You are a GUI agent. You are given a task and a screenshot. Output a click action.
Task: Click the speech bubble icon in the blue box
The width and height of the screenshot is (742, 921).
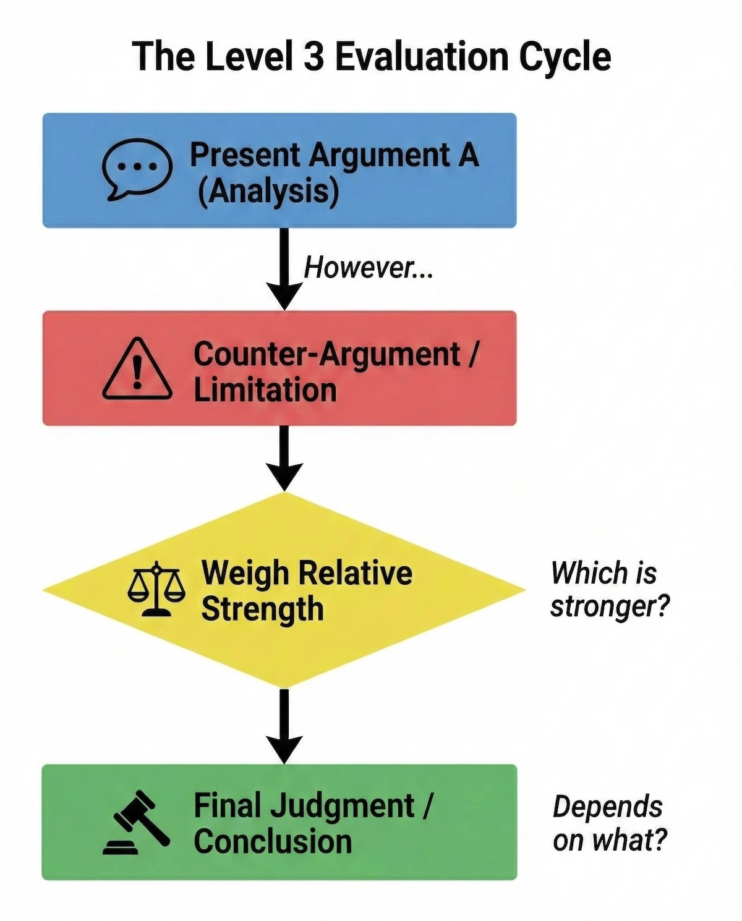(137, 169)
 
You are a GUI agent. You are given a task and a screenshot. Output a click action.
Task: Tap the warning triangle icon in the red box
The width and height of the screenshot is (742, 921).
(137, 370)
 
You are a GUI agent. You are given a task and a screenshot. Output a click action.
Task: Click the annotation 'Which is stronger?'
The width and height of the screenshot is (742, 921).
(609, 589)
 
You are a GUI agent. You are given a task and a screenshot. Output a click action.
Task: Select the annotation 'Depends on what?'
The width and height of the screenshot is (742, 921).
(609, 823)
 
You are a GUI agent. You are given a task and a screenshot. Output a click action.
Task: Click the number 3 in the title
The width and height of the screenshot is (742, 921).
(313, 57)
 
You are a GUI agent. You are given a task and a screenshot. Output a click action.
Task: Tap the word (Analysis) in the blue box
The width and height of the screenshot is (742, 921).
(268, 191)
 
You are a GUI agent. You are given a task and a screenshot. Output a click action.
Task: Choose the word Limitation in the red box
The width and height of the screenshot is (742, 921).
(265, 391)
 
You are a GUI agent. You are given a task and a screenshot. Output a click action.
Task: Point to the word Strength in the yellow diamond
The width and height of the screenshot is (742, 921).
(262, 609)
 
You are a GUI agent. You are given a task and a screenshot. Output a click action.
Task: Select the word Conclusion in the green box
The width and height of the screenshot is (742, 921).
(273, 842)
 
